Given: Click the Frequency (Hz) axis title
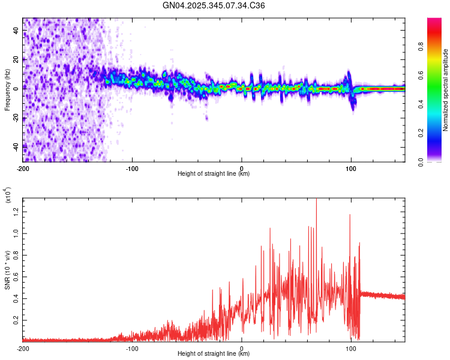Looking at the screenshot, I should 7,90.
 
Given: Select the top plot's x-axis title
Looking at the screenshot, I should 214,173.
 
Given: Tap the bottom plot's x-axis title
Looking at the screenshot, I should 214,353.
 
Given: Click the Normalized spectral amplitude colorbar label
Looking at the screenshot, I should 446,90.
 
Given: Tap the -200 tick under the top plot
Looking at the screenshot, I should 23,167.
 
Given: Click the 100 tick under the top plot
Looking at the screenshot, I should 351,167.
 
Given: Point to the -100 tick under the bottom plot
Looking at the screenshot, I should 132,347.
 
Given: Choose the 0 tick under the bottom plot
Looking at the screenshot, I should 242,347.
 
